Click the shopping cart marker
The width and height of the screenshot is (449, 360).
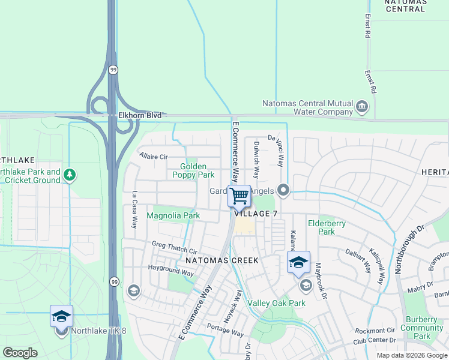coord(239,196)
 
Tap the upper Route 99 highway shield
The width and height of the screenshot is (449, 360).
coord(113,70)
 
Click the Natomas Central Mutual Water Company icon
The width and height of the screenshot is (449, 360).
coord(362,107)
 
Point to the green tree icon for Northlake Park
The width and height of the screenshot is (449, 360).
coord(70,175)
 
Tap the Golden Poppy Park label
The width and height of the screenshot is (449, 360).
coord(193,170)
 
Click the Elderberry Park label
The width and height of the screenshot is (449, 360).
coord(326,227)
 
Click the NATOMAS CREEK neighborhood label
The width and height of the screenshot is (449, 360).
coord(221,260)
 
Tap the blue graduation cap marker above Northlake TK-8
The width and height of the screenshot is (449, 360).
coord(61,316)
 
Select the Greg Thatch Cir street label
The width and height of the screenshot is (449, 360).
coord(174,247)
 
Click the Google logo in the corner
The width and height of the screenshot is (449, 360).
coord(20,352)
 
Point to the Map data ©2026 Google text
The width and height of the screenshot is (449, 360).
coord(411,355)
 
